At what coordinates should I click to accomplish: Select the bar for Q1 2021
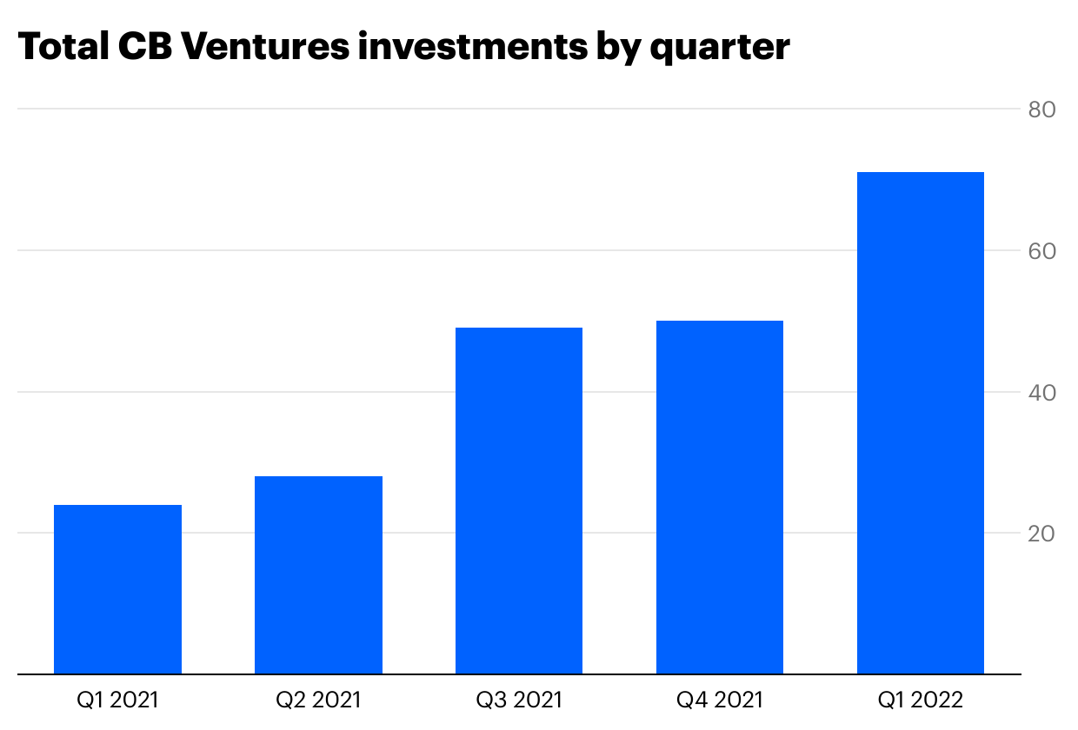point(117,589)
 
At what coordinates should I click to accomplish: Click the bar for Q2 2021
point(318,575)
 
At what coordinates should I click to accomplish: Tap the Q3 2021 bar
point(519,501)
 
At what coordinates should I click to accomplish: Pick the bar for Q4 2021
point(720,497)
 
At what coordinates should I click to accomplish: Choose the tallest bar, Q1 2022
point(921,423)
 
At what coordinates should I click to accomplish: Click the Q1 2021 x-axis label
point(117,700)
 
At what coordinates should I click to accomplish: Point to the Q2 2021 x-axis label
point(318,700)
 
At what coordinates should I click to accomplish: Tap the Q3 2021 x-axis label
point(519,700)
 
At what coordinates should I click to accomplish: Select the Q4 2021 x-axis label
point(720,700)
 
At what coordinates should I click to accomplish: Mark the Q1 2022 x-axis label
point(921,700)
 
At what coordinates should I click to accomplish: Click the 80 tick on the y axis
point(1041,110)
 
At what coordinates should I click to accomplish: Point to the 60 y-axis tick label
point(1041,251)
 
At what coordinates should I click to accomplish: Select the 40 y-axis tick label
point(1041,393)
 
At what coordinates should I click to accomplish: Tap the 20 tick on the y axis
point(1041,534)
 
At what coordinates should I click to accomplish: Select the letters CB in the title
point(144,47)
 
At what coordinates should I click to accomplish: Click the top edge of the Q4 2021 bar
point(720,322)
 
